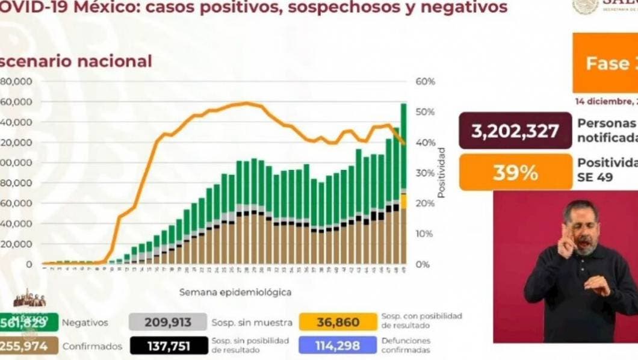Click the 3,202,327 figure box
point(515,131)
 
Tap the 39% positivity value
point(515,173)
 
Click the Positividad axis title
point(442,172)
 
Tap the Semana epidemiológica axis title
point(235,292)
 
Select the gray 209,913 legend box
point(167,322)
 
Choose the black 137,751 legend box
point(167,346)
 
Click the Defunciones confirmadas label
point(406,346)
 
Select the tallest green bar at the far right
point(403,144)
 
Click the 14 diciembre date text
point(605,101)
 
